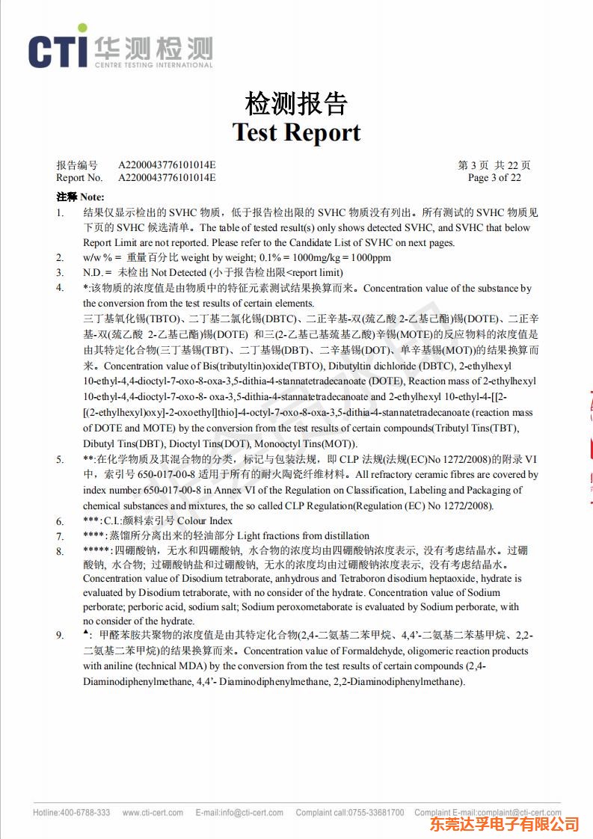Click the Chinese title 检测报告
click(x=296, y=104)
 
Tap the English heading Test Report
click(x=296, y=132)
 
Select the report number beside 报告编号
click(x=167, y=165)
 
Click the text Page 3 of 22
click(x=494, y=177)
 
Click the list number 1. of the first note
click(x=60, y=212)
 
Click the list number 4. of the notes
click(x=60, y=288)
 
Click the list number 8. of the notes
click(x=60, y=551)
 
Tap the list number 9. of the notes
click(x=60, y=636)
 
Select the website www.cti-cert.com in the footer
click(x=153, y=813)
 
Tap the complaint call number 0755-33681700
click(x=377, y=813)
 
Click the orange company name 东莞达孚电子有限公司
click(x=504, y=825)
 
